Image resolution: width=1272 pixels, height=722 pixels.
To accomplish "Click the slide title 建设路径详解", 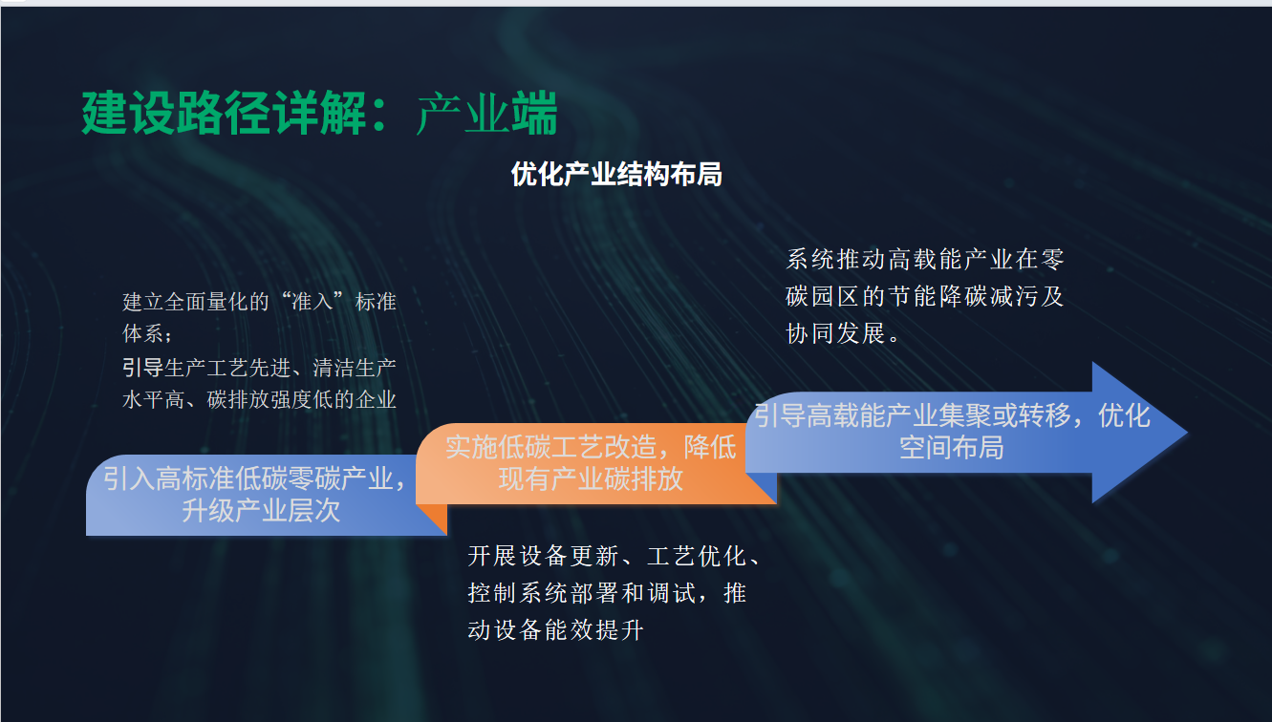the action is pyautogui.click(x=224, y=114).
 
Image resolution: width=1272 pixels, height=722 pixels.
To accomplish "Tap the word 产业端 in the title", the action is pyautogui.click(x=486, y=114).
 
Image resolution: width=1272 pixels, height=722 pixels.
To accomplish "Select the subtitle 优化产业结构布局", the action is pyautogui.click(x=616, y=174).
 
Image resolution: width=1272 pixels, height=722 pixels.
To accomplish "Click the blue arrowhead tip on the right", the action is pyautogui.click(x=1187, y=433).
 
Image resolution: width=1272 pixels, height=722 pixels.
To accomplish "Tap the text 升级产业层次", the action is pyautogui.click(x=261, y=510).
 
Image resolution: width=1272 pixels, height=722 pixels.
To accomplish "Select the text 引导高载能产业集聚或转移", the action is pyautogui.click(x=912, y=415).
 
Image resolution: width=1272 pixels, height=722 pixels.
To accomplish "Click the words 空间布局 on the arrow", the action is pyautogui.click(x=951, y=447).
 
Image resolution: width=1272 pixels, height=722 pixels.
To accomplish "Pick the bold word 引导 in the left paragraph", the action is pyautogui.click(x=143, y=368).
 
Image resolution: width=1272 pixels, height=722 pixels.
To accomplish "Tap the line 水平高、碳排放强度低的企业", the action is pyautogui.click(x=259, y=399).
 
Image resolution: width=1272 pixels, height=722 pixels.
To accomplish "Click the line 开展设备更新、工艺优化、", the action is pyautogui.click(x=614, y=556).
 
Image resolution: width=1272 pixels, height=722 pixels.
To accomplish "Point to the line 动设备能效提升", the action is pyautogui.click(x=555, y=630).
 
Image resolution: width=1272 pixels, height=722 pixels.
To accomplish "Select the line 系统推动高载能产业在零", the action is pyautogui.click(x=924, y=260).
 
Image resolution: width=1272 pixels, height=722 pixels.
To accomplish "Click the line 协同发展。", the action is pyautogui.click(x=843, y=333).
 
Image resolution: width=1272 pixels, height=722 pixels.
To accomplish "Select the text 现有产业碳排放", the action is pyautogui.click(x=591, y=479).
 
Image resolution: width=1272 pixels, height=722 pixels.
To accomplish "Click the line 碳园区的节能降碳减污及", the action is pyautogui.click(x=924, y=296).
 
